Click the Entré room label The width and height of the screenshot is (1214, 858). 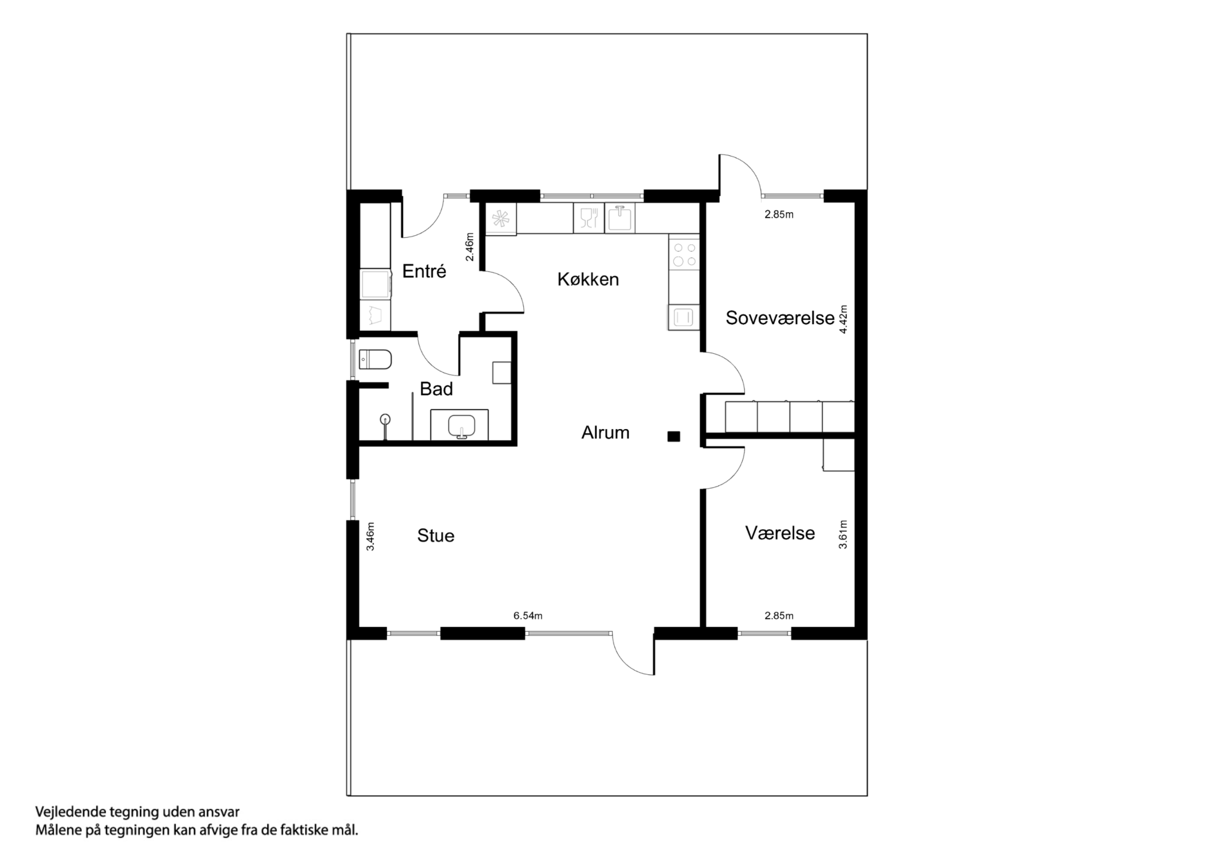(x=424, y=271)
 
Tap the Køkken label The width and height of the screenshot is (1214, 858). (x=588, y=279)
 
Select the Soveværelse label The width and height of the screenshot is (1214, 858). (x=779, y=318)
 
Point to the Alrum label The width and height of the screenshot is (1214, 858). (x=605, y=433)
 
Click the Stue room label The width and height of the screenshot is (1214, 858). (x=436, y=536)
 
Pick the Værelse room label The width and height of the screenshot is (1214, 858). (x=779, y=533)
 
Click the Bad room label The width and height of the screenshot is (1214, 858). (x=436, y=389)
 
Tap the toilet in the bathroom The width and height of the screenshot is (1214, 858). (x=376, y=359)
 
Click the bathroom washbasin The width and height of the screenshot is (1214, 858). (x=461, y=425)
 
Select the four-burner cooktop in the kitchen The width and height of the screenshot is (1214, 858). (x=684, y=254)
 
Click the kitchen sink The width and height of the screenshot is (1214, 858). (x=620, y=219)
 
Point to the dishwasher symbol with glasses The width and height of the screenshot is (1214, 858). (x=589, y=219)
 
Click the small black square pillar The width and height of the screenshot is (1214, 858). (x=673, y=437)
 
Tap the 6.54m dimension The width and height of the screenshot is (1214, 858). (x=528, y=616)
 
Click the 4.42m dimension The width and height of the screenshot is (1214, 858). (x=844, y=320)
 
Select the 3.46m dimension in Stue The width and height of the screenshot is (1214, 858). (x=370, y=536)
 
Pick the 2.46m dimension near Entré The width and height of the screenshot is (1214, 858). (x=470, y=247)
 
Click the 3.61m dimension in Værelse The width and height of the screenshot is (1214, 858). (x=843, y=534)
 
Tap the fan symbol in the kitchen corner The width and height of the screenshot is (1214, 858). (x=500, y=219)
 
